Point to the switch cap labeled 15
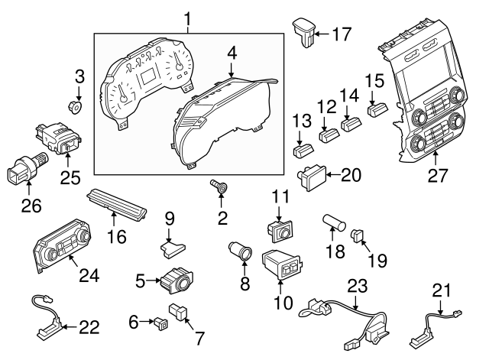(375, 109)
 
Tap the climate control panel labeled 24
(62, 247)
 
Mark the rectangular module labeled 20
(312, 177)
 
